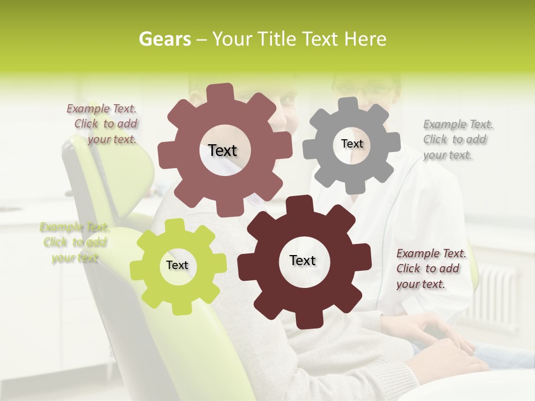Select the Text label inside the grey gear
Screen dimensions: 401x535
pos(352,144)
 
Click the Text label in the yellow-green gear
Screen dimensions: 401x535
pos(177,265)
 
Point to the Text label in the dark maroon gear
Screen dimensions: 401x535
pos(303,260)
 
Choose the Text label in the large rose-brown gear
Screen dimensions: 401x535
pos(222,150)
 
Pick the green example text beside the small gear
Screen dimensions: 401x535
pos(74,242)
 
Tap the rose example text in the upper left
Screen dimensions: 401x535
pos(104,124)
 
